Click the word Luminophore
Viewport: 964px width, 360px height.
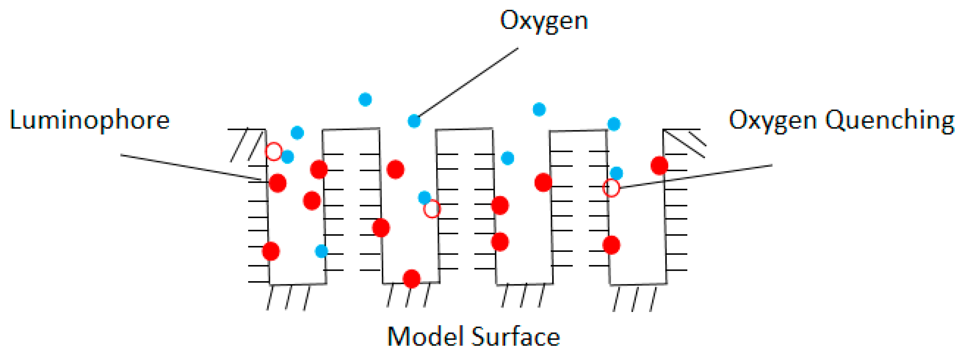pyautogui.click(x=89, y=120)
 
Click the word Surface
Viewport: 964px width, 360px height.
pyautogui.click(x=515, y=336)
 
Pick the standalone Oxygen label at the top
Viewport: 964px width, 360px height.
pyautogui.click(x=544, y=21)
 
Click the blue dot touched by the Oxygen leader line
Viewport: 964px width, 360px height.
pyautogui.click(x=414, y=121)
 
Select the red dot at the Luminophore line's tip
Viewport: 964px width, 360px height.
pyautogui.click(x=278, y=183)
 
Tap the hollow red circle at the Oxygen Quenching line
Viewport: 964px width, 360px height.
pyautogui.click(x=611, y=188)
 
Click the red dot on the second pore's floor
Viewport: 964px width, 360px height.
pyautogui.click(x=411, y=279)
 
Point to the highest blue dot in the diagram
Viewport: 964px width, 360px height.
pyautogui.click(x=365, y=99)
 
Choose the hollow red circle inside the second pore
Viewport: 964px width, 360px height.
pyautogui.click(x=432, y=209)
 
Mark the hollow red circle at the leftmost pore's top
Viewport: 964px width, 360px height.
pyautogui.click(x=274, y=151)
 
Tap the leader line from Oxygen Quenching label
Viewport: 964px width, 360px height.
pyautogui.click(x=694, y=176)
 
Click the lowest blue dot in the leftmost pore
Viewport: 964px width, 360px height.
pyautogui.click(x=321, y=251)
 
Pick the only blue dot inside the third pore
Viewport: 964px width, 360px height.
pyautogui.click(x=507, y=158)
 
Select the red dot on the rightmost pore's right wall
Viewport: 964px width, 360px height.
pyautogui.click(x=659, y=166)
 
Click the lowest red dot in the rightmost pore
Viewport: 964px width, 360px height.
pyautogui.click(x=611, y=245)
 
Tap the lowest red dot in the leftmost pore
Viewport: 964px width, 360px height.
pyautogui.click(x=271, y=251)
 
